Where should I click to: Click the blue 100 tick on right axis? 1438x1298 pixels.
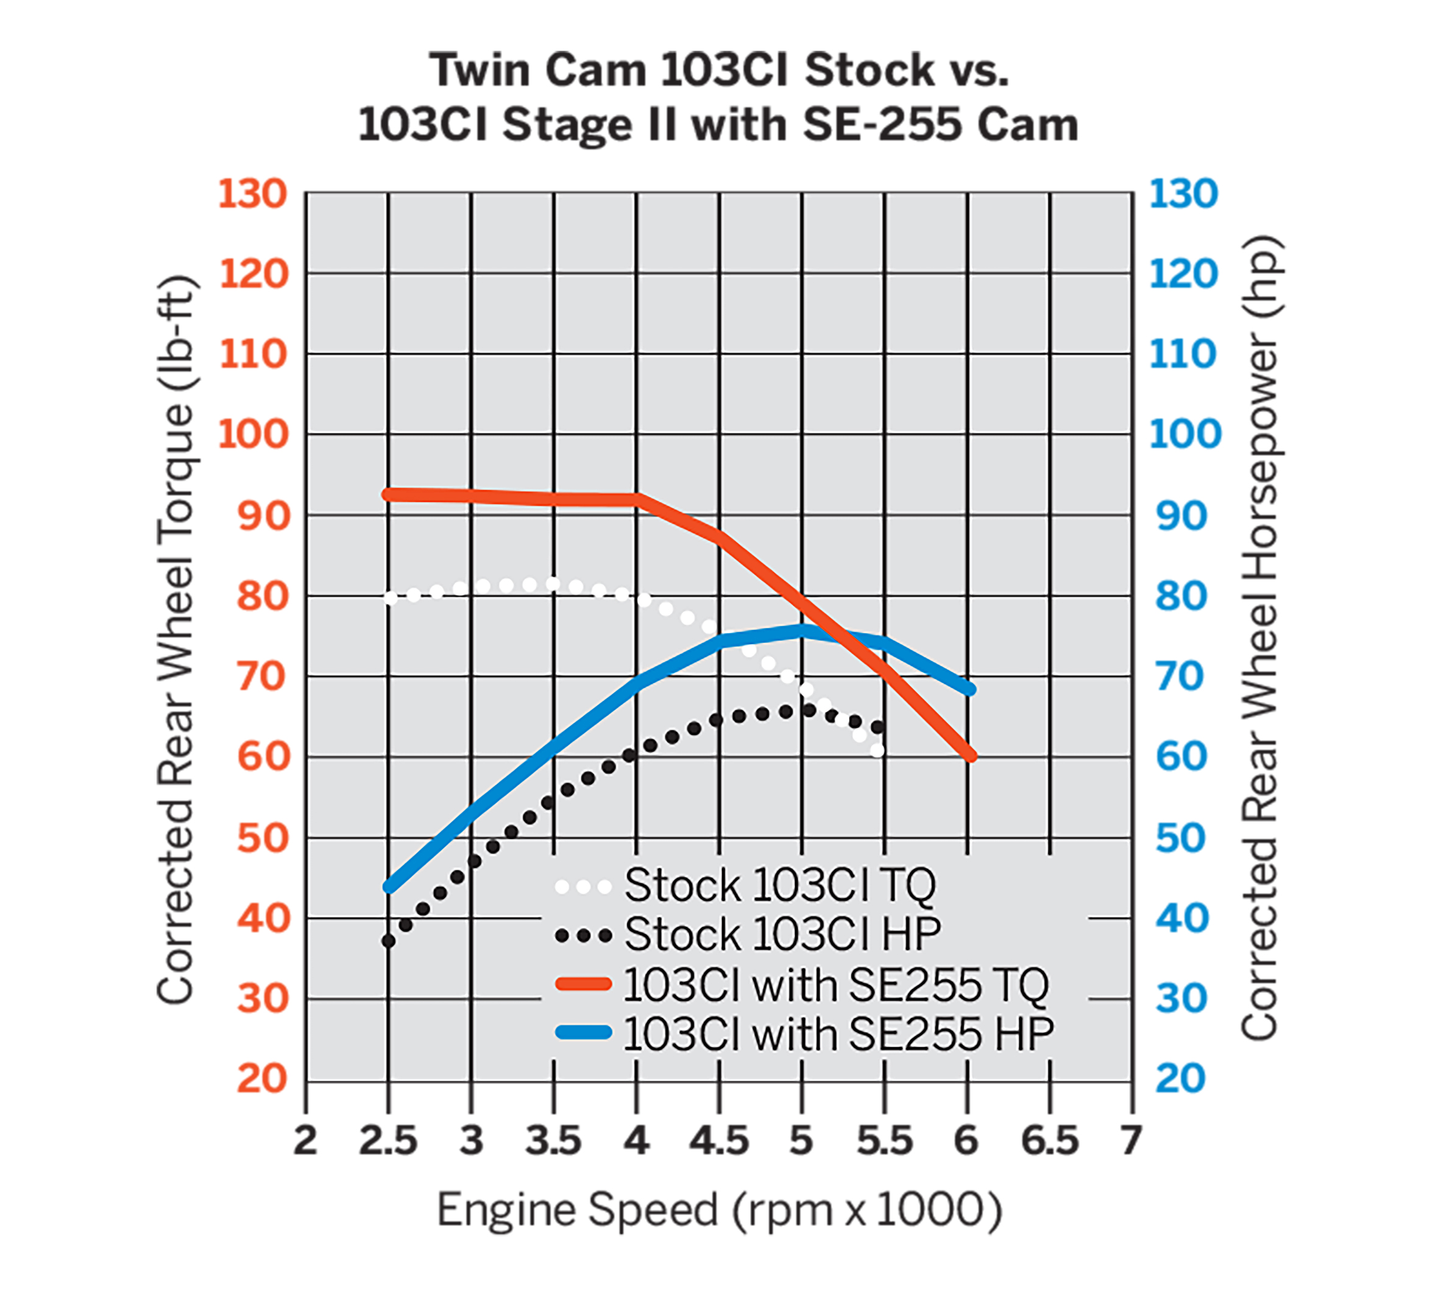pos(1185,434)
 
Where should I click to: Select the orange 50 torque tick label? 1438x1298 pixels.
pos(263,838)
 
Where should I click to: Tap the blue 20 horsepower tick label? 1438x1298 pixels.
pos(1180,1078)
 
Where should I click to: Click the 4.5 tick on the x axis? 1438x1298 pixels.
pos(719,1141)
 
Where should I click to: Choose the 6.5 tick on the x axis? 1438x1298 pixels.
pos(1049,1141)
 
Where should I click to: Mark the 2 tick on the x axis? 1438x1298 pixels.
pos(305,1141)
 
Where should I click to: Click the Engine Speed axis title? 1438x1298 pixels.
pos(719,1210)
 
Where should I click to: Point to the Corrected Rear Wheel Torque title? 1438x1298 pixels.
pos(175,639)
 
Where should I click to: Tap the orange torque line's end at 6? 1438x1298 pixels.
pos(970,756)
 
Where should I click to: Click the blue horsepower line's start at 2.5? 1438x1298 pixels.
pos(389,888)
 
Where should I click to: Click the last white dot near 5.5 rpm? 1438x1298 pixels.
pos(877,751)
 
